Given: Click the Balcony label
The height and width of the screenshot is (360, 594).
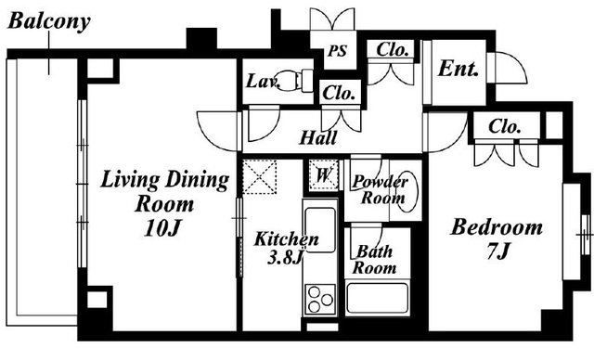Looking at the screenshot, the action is pos(49,21).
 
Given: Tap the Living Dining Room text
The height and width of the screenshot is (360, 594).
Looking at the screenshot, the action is pos(165,191).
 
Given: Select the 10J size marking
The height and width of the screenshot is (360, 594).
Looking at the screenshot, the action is pos(161,228).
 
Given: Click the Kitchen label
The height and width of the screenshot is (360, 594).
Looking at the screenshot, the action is pos(287,239).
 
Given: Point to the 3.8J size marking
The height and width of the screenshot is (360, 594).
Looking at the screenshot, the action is pos(285,258).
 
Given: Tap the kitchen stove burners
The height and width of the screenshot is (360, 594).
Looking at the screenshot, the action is pos(320,299).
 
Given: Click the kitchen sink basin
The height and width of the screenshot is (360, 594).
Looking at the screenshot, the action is pos(320,229).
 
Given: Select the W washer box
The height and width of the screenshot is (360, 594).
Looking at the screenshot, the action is pos(323,174).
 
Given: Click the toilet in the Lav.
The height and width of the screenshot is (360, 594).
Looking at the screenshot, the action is pos(297,80).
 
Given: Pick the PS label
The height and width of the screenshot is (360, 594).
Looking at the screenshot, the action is pos(337,51).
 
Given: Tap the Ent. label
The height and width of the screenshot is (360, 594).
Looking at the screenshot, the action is pos(458,69).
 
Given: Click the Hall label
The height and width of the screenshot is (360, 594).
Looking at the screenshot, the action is pos(317,138).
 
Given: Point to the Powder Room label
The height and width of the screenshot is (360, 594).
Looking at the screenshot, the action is pos(381,189).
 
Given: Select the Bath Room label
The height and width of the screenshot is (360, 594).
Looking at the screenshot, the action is pos(374,260).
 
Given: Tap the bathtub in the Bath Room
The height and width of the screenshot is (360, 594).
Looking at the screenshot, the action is pos(378,298).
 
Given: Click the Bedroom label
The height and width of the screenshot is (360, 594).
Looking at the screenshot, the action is pos(497,228).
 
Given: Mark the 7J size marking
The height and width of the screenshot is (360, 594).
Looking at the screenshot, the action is pos(497,251).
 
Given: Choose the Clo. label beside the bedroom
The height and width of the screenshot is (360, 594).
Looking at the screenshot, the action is pos(504,127).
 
